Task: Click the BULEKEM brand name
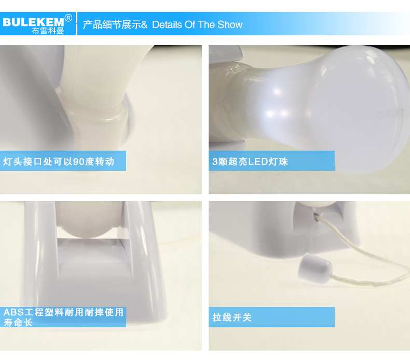[x=33, y=22]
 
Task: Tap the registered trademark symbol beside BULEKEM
[x=68, y=18]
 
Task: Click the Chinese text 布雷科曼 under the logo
[x=48, y=31]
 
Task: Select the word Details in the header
[x=167, y=24]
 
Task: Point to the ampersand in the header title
[x=144, y=25]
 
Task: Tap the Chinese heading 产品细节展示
[x=112, y=24]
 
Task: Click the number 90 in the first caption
[x=78, y=162]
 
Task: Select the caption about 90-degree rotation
[x=59, y=162]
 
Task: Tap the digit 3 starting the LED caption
[x=215, y=162]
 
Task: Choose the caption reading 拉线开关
[x=231, y=317]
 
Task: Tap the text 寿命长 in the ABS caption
[x=18, y=322]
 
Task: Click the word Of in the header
[x=190, y=24]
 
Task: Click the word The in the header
[x=207, y=24]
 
